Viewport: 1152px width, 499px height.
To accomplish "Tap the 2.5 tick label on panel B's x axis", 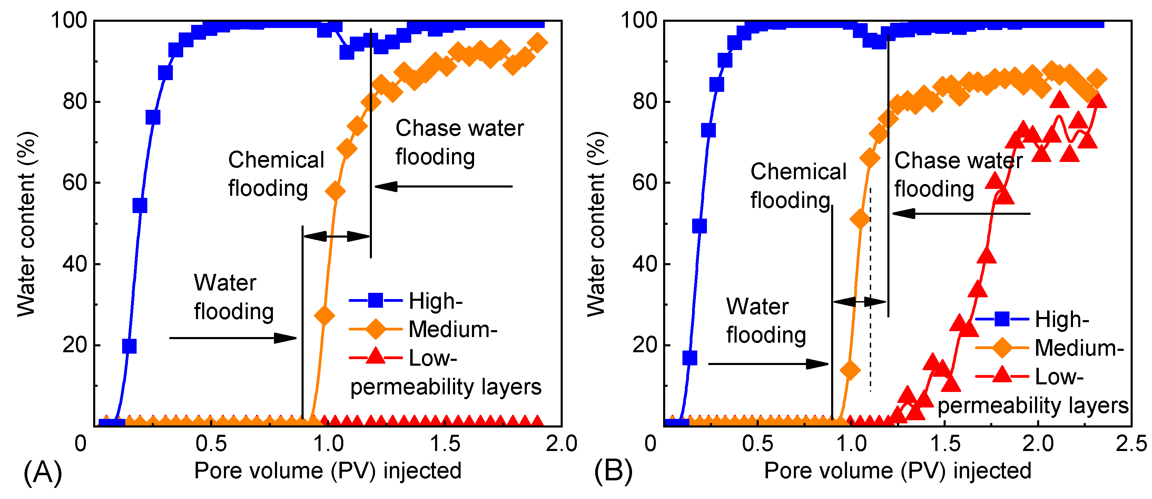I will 1131,444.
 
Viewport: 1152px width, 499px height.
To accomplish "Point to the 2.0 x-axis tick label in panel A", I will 561,444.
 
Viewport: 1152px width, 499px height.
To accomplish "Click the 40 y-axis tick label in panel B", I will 644,264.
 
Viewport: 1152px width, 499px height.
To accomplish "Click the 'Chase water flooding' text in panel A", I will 459,142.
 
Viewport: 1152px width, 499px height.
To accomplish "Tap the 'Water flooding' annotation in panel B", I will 766,320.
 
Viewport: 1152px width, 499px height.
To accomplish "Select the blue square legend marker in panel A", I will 375,300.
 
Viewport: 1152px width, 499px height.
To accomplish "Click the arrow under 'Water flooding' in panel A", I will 233,338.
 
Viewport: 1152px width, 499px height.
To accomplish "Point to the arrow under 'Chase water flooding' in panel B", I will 961,213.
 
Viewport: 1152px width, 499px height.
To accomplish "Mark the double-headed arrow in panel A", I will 336,236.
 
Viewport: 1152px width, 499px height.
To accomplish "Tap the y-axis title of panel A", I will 26,224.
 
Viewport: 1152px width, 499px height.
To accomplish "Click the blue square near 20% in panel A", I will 129,346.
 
